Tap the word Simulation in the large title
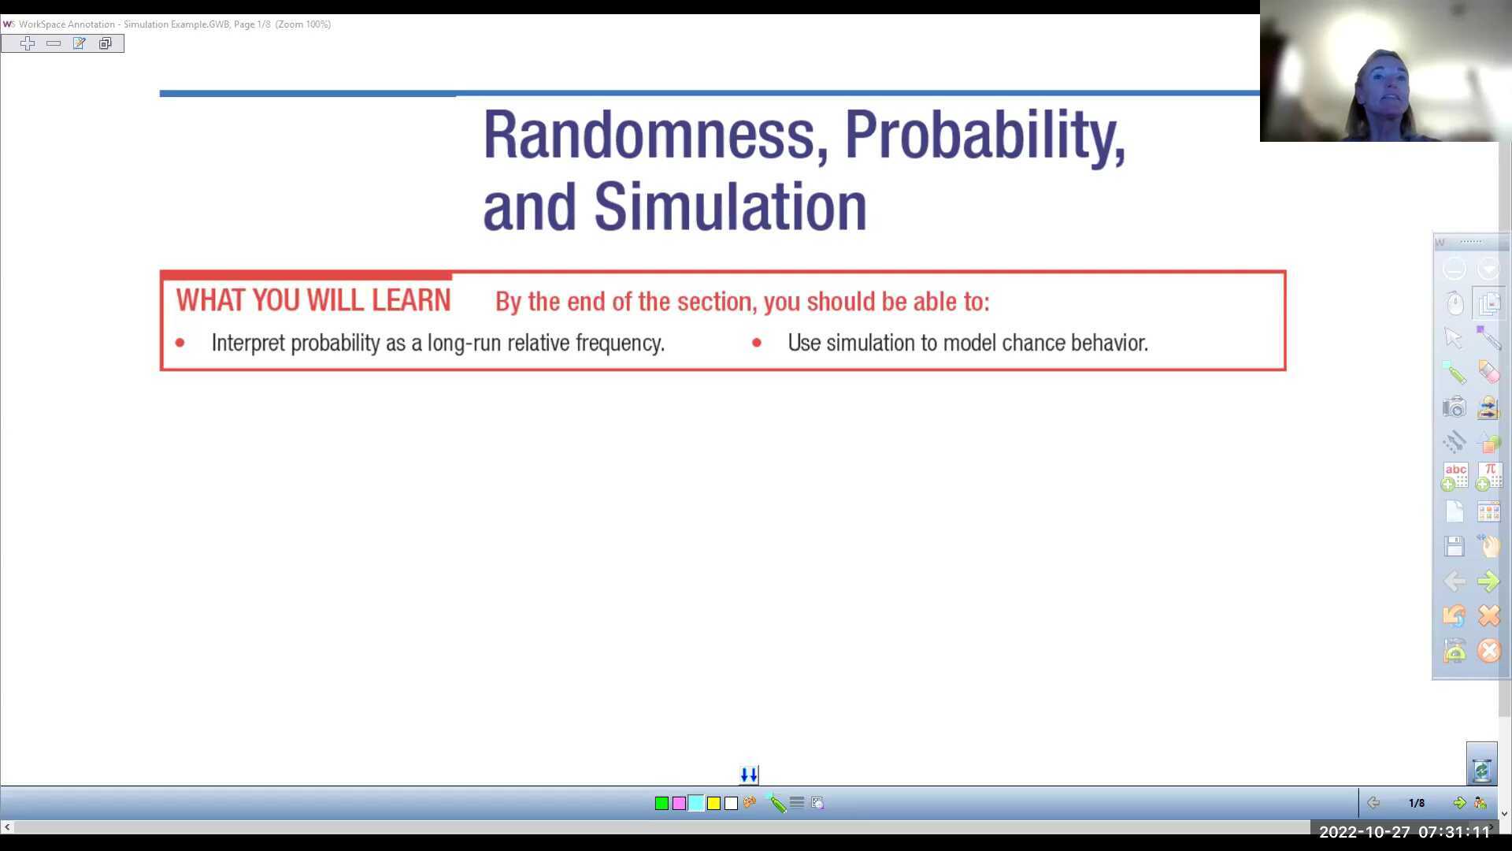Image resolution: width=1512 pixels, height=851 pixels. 730,207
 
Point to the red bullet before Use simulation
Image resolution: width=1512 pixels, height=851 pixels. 757,343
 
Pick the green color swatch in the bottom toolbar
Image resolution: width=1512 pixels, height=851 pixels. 661,803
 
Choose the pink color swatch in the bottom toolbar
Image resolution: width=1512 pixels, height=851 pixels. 679,803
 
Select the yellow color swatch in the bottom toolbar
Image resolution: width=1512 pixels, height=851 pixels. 713,803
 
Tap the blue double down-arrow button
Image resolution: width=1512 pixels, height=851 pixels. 749,775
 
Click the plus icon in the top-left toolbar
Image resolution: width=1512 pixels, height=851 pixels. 28,43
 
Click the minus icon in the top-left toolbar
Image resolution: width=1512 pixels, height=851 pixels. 54,43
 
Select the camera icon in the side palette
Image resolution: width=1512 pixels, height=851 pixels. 1454,407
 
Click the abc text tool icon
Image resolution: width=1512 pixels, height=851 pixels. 1455,476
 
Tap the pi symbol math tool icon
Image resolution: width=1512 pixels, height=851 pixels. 1488,476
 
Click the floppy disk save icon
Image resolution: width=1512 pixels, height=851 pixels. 1454,546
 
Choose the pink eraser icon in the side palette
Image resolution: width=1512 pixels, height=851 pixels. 1488,372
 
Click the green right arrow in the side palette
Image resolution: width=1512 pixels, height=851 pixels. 1488,582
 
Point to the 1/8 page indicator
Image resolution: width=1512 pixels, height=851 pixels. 1416,803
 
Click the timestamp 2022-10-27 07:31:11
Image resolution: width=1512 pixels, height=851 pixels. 1405,832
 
